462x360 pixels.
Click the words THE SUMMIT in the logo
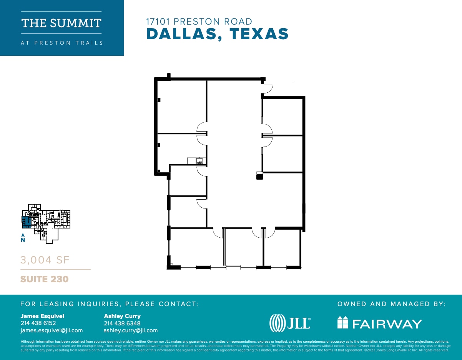coord(61,23)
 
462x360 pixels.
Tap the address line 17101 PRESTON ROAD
coord(199,22)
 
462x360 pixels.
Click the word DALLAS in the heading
coord(183,34)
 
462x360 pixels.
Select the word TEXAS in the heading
coord(259,34)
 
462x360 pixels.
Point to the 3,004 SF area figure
coord(45,260)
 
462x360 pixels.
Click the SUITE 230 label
coord(44,279)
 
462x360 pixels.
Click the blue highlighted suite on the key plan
coord(26,222)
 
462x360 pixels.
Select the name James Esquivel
coord(42,316)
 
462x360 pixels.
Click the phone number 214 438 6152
coord(38,323)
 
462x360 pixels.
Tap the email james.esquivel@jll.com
coord(52,330)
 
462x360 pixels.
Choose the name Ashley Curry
coord(122,316)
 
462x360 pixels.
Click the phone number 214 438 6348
coord(122,323)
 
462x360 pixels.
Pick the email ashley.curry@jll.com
coord(130,330)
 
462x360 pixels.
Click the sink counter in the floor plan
coord(197,160)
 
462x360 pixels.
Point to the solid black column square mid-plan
coord(259,177)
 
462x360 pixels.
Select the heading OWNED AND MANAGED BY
coord(391,304)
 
